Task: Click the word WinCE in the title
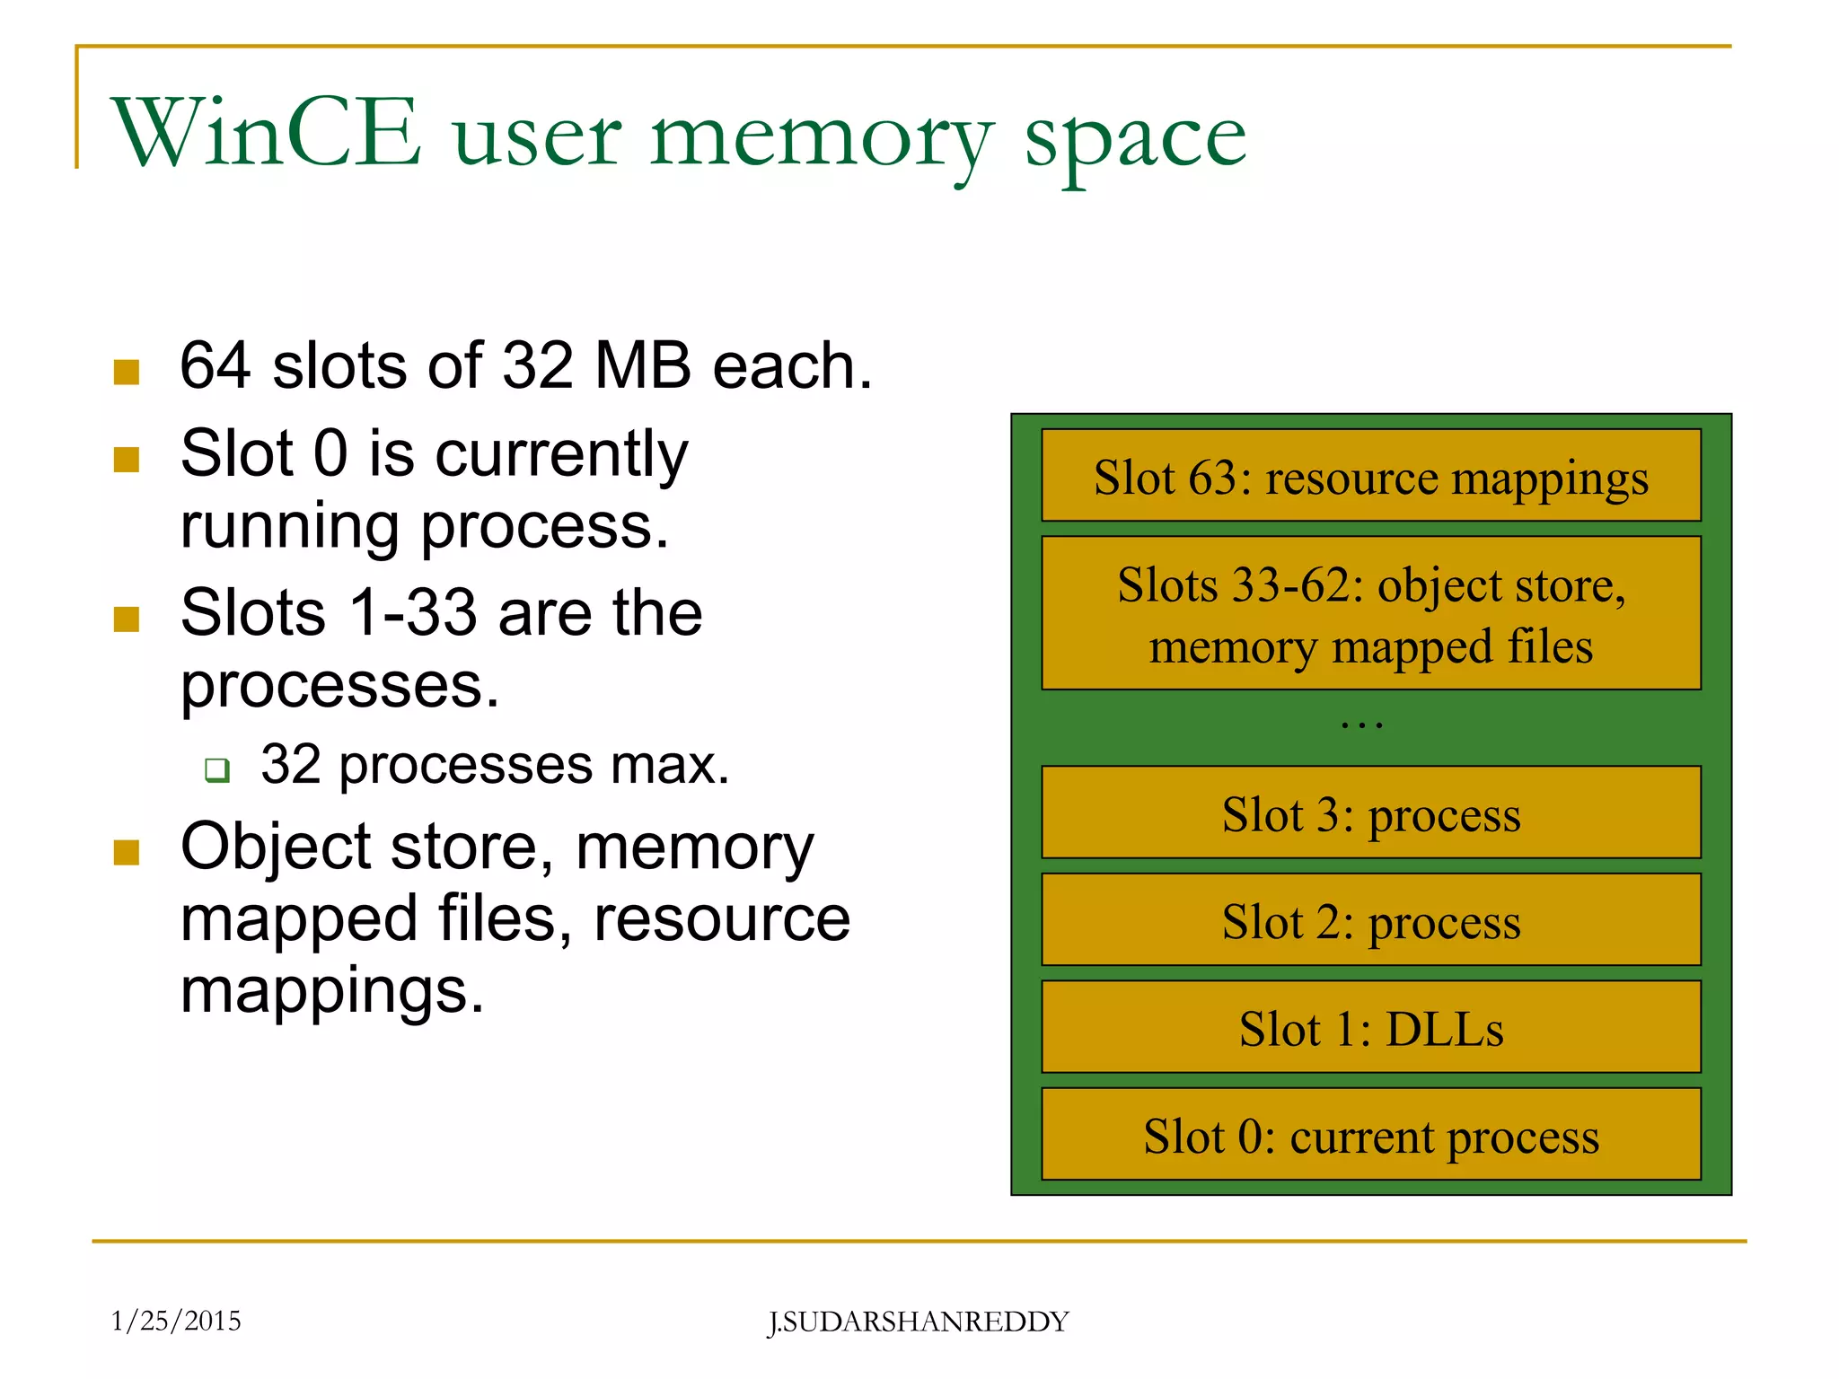pyautogui.click(x=266, y=133)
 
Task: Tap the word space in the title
pyautogui.click(x=1135, y=139)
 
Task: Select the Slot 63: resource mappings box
pyautogui.click(x=1370, y=476)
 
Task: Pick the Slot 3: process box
pyautogui.click(x=1370, y=812)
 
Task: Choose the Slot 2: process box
pyautogui.click(x=1370, y=919)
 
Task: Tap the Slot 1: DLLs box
pyautogui.click(x=1370, y=1027)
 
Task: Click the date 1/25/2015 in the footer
pyautogui.click(x=176, y=1321)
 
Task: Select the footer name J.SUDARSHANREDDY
pyautogui.click(x=918, y=1322)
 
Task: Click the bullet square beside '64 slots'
pyautogui.click(x=127, y=372)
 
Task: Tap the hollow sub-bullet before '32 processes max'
pyautogui.click(x=217, y=769)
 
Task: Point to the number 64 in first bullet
pyautogui.click(x=216, y=365)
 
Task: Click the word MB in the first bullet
pyautogui.click(x=642, y=365)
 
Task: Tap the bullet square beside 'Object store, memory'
pyautogui.click(x=127, y=853)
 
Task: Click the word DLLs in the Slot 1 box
pyautogui.click(x=1444, y=1029)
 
